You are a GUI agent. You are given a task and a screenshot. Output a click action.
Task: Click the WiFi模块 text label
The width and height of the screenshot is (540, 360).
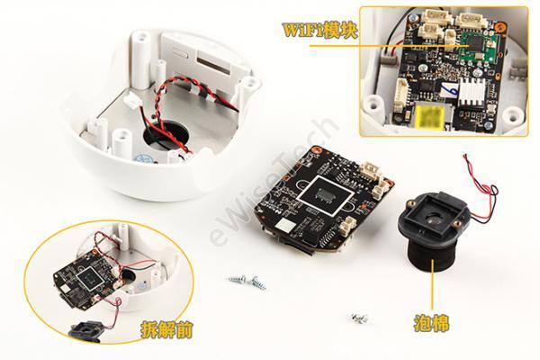(x=319, y=30)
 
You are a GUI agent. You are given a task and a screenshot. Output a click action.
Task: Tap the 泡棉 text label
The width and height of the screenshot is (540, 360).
(x=431, y=323)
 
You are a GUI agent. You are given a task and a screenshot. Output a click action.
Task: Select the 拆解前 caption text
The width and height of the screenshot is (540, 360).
(x=166, y=330)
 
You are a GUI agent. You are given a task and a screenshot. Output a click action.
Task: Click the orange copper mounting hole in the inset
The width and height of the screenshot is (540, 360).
(x=500, y=25)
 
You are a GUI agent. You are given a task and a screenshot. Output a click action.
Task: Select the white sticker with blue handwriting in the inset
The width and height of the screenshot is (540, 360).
(x=449, y=89)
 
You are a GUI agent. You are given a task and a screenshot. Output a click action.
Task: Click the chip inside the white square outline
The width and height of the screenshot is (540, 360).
(x=326, y=193)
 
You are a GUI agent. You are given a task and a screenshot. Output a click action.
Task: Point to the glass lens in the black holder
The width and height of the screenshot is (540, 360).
(x=433, y=218)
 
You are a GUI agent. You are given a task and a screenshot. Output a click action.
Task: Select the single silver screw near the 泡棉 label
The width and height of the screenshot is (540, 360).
(x=359, y=319)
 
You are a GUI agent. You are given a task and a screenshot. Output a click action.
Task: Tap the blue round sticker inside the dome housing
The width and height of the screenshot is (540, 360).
(x=142, y=158)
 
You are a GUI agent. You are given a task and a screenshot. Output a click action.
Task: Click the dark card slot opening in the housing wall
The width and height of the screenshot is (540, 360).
(x=212, y=67)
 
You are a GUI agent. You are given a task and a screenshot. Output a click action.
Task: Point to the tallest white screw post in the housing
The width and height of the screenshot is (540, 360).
(x=140, y=59)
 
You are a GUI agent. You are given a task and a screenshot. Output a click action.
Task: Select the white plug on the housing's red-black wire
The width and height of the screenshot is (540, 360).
(x=130, y=100)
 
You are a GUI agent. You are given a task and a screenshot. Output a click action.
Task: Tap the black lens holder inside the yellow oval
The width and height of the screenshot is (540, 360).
(x=85, y=330)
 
